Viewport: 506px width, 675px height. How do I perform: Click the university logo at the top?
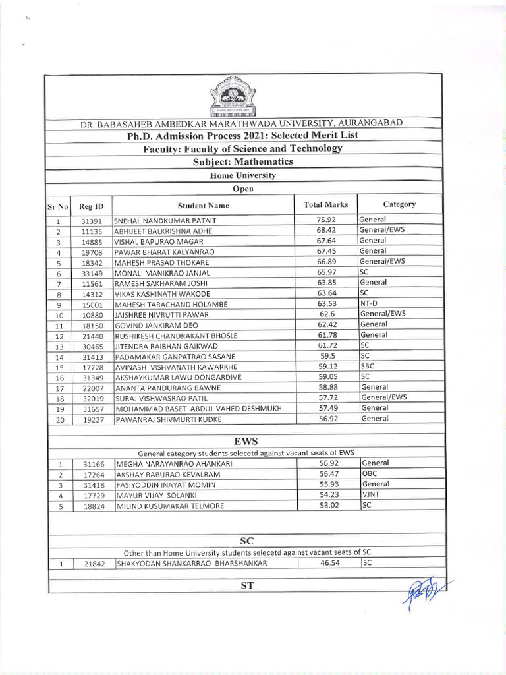(x=231, y=98)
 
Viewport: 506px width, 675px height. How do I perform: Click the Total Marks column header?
(x=325, y=205)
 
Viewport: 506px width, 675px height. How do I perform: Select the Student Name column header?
(x=203, y=206)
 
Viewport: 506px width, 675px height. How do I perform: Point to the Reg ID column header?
(x=92, y=206)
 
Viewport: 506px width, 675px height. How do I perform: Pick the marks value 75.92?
(x=326, y=220)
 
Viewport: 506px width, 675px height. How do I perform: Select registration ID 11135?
(x=91, y=231)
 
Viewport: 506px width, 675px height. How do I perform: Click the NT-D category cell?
(x=368, y=303)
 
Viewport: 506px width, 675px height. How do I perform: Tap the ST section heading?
(x=247, y=585)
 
